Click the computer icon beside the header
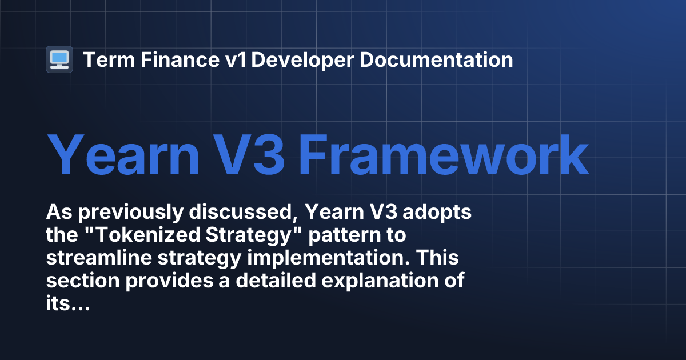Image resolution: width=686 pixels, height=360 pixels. tap(59, 59)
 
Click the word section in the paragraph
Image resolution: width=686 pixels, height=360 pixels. tap(74, 282)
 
